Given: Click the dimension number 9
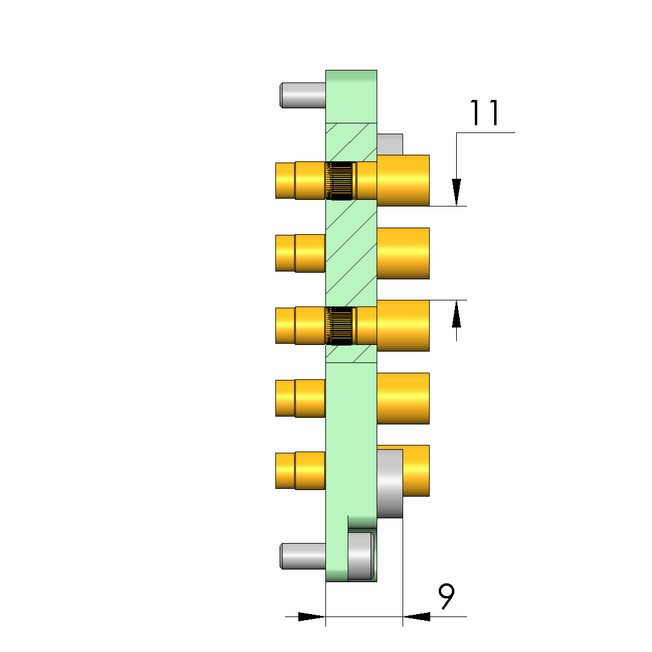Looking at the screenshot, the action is pos(447,596).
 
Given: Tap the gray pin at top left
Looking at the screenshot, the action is pos(302,95).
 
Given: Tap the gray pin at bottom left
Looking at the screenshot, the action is pos(302,556).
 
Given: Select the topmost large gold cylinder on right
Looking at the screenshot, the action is pos(403,181).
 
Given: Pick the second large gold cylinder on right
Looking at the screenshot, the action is pos(403,253).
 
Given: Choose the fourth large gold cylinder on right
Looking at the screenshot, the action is pos(403,399).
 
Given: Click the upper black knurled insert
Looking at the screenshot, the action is pos(341,181).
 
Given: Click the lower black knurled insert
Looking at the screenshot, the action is pos(341,326).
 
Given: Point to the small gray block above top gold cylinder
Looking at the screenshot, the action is pos(390,144).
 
